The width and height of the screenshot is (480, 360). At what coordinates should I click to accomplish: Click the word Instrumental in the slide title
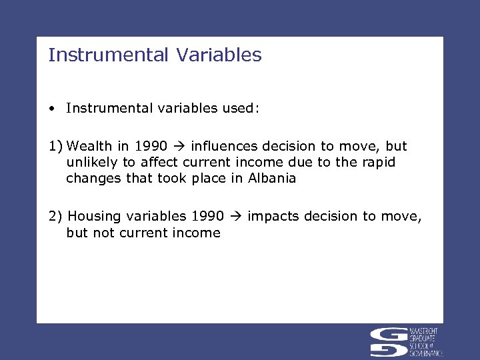[x=109, y=55]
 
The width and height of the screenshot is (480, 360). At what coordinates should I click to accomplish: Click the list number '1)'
[x=55, y=146]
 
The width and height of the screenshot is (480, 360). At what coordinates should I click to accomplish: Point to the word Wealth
[x=90, y=146]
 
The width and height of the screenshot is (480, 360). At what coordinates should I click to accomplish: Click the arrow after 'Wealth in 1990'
[x=179, y=146]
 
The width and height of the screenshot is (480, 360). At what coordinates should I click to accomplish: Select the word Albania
[x=272, y=178]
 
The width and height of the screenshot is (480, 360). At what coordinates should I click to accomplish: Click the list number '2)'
[x=56, y=216]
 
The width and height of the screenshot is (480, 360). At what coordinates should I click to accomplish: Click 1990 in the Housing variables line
[x=207, y=216]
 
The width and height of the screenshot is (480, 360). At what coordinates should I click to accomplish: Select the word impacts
[x=271, y=216]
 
